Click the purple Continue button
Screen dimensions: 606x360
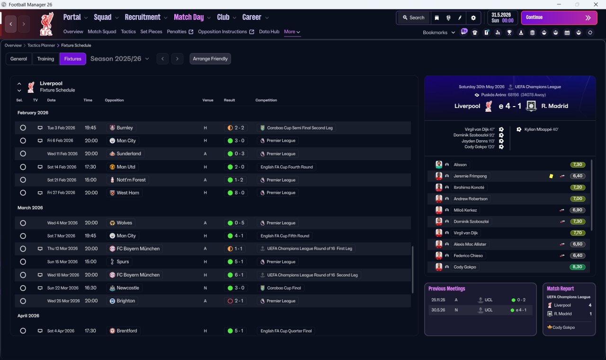click(559, 18)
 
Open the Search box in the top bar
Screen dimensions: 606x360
click(414, 18)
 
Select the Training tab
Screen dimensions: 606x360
click(45, 59)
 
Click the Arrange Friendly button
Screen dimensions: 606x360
click(210, 59)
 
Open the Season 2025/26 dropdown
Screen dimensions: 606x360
click(120, 59)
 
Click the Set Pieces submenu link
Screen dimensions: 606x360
click(151, 32)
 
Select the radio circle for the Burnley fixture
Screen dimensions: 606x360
click(23, 128)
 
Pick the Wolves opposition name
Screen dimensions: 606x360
click(125, 223)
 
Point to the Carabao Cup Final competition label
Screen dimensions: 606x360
click(284, 288)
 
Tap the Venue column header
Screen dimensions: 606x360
click(208, 100)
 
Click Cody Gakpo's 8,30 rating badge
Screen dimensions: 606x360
click(577, 267)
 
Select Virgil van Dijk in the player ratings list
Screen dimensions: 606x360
click(465, 233)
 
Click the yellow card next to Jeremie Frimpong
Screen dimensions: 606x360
click(551, 176)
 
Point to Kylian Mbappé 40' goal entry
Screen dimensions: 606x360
click(541, 129)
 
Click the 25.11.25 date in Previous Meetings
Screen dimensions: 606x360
click(438, 300)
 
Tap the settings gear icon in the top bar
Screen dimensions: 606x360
click(473, 18)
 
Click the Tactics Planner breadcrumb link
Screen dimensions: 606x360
click(41, 45)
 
